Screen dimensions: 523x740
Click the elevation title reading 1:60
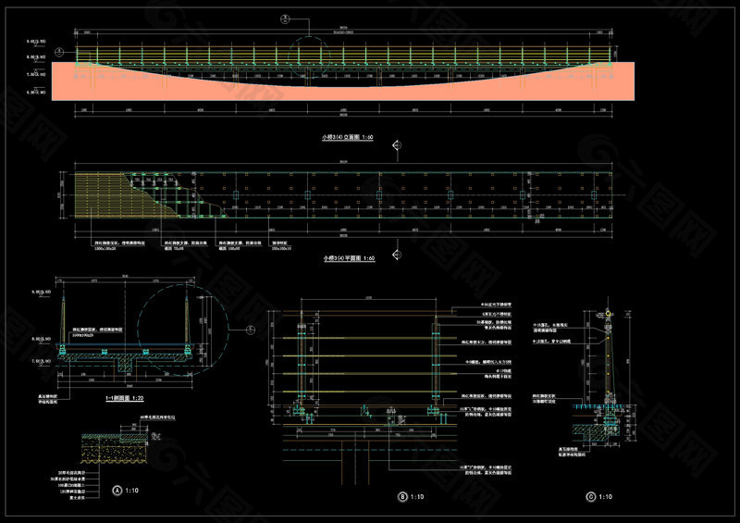pos(348,136)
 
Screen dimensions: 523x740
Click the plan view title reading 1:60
pos(348,258)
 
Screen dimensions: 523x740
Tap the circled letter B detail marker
pos(402,497)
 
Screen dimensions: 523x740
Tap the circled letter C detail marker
pos(590,497)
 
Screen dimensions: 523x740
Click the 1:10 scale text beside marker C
pos(607,497)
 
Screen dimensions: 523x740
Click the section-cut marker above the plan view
pos(396,145)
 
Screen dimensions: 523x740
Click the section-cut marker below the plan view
pos(396,248)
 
